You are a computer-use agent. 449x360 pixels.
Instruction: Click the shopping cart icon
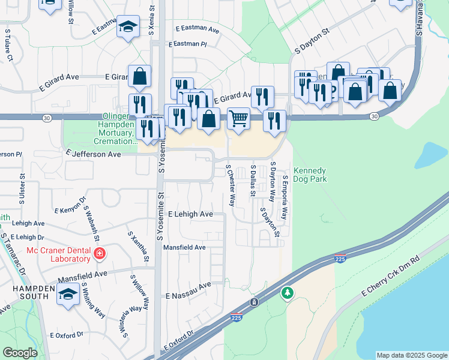pos(238,118)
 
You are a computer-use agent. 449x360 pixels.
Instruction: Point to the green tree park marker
pos(288,293)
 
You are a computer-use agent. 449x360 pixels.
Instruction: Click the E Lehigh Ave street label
pos(190,214)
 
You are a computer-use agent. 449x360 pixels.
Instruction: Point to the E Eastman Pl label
pos(187,44)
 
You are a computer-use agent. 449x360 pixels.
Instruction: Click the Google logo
pos(20,353)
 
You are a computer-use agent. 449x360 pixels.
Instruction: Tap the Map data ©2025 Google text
pos(412,355)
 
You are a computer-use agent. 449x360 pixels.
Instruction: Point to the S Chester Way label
pos(231,185)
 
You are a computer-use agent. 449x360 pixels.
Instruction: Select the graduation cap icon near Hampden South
pos(68,295)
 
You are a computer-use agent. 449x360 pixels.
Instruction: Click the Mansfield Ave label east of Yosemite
pos(184,247)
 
